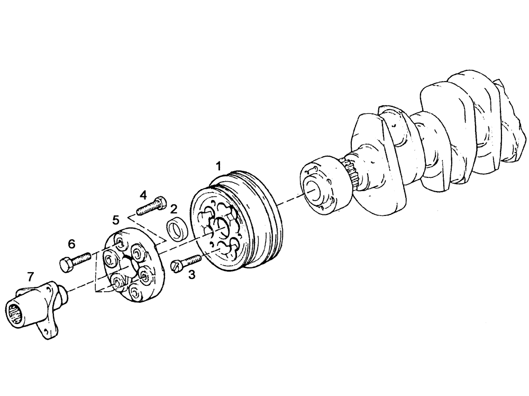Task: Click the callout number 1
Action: coord(217,166)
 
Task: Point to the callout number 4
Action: coord(144,195)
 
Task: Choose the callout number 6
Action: coord(71,244)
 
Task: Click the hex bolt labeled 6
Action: coord(73,262)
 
